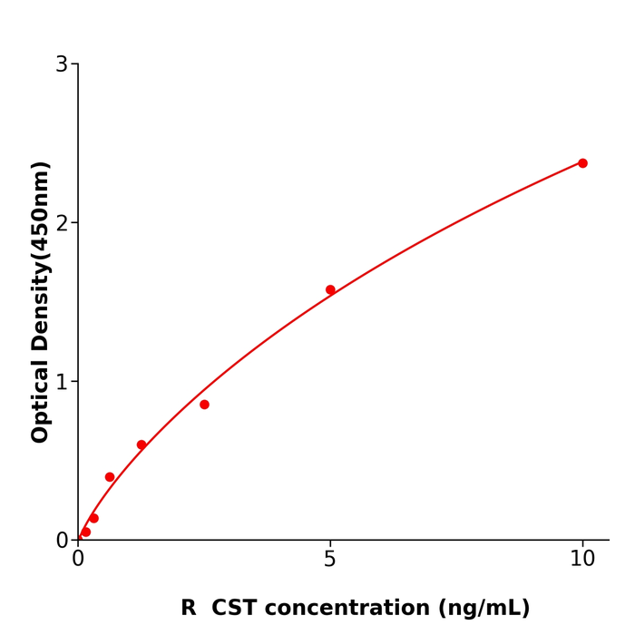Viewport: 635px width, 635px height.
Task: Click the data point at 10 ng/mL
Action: click(582, 163)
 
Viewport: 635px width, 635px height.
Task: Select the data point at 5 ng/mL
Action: click(330, 290)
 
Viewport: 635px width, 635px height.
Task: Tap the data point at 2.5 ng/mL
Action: click(204, 405)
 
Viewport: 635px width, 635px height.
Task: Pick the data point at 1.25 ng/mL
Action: click(142, 445)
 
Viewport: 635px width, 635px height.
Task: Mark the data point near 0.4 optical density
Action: click(110, 477)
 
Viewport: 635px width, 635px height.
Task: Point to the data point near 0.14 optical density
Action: click(93, 518)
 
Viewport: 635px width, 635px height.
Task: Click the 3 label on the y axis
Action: click(62, 64)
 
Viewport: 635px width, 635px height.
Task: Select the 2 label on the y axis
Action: click(62, 223)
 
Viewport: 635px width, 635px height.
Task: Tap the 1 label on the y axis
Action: click(62, 382)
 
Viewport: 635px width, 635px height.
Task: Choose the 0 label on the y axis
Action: click(62, 541)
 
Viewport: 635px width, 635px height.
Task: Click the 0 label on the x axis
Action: click(78, 560)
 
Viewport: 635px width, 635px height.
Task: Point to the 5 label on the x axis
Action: click(330, 560)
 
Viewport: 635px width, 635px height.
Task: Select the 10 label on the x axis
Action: click(582, 560)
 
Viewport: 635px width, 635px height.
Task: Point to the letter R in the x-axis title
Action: click(188, 608)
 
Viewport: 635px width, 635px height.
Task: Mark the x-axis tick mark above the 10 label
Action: click(582, 544)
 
